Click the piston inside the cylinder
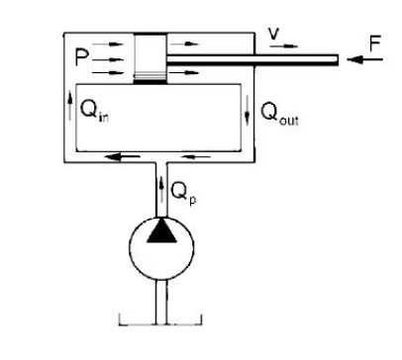point(150,59)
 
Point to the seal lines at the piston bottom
point(150,77)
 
